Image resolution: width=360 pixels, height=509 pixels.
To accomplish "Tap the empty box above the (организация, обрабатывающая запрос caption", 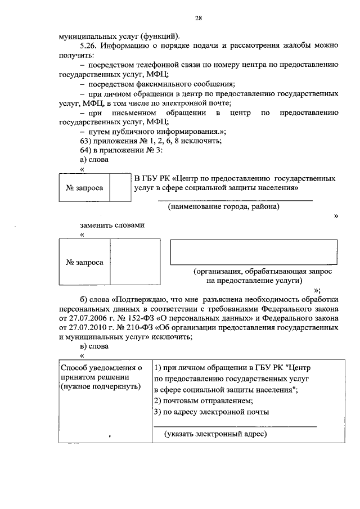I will coord(254,252).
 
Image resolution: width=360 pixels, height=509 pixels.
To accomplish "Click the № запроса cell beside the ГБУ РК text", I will coord(84,188).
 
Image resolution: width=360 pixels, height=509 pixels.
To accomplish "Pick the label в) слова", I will coord(94,346).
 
